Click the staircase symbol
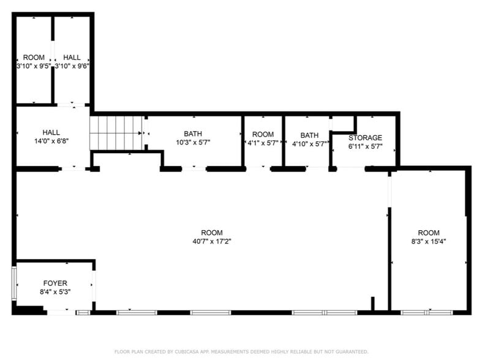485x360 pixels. click(116, 133)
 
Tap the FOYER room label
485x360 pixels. click(55, 283)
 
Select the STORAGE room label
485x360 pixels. click(365, 138)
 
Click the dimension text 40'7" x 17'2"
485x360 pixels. click(212, 241)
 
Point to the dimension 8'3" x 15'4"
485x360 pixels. click(429, 241)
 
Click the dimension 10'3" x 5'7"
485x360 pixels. click(193, 143)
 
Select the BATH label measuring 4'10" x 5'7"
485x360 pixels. click(309, 135)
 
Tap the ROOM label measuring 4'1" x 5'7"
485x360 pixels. click(263, 135)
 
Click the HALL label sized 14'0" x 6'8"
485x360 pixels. click(51, 132)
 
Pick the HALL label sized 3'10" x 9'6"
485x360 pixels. click(72, 57)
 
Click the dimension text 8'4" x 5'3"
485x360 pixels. click(55, 292)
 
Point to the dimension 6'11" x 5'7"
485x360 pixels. click(365, 146)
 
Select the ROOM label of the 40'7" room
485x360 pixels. click(212, 233)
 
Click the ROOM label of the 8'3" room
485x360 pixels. click(429, 233)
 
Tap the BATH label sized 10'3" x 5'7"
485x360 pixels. click(193, 134)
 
